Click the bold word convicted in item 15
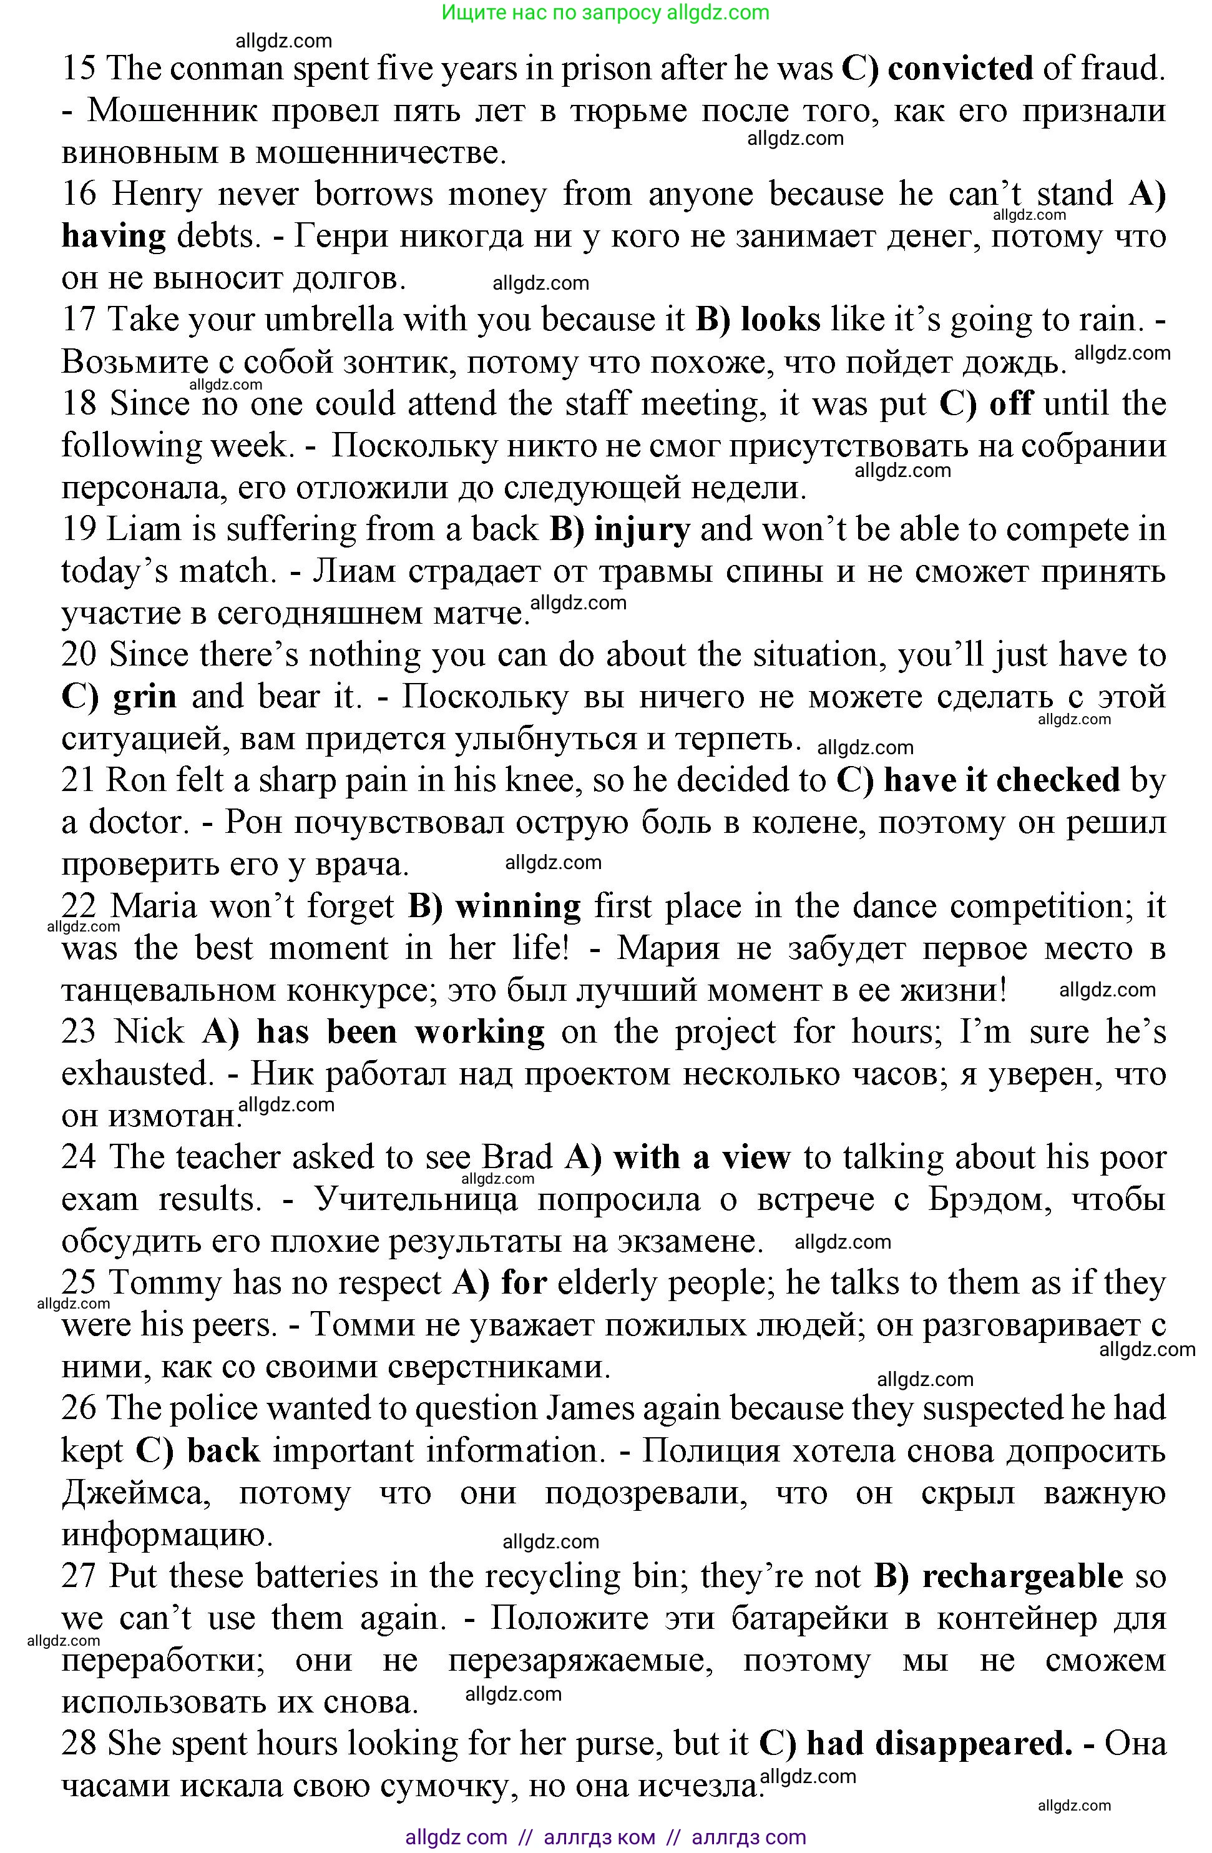(960, 69)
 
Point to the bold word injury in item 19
(642, 530)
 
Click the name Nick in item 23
(149, 1033)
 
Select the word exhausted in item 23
(137, 1074)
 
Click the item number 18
(79, 404)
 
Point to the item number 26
(79, 1409)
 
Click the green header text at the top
(605, 12)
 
